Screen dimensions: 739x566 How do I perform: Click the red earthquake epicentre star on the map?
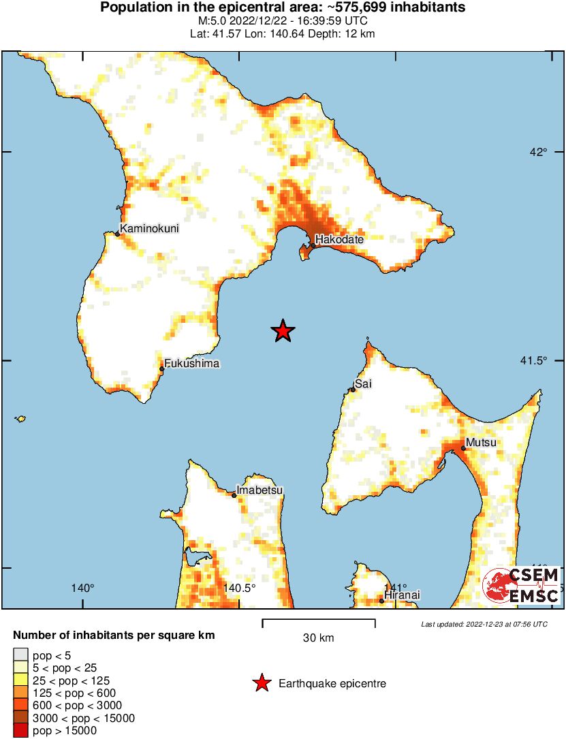[x=283, y=332]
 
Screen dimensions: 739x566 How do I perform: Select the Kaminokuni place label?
[x=149, y=229]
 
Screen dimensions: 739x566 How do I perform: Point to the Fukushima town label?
[x=192, y=364]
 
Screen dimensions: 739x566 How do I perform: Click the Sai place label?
[x=363, y=384]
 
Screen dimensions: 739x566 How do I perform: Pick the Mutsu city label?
[x=481, y=443]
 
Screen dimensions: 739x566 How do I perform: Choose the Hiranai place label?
[x=402, y=595]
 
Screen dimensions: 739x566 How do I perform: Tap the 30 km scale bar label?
[x=318, y=638]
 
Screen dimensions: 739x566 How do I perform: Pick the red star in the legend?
[x=261, y=683]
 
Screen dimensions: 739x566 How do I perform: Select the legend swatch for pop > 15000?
[x=21, y=731]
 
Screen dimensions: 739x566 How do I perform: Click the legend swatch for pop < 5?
[x=21, y=655]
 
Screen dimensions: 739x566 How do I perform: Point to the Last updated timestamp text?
[x=484, y=624]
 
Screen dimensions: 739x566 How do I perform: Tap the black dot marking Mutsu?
[x=463, y=448]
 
